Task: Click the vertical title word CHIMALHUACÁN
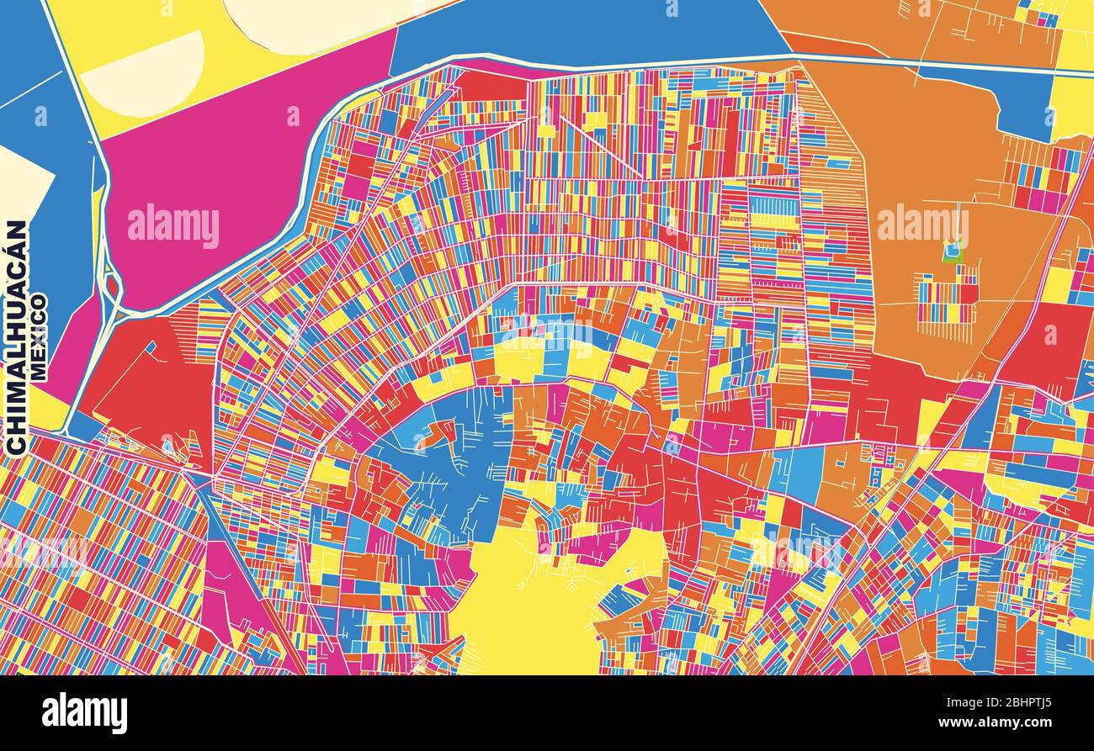17,336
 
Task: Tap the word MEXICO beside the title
39,336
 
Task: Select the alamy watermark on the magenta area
173,225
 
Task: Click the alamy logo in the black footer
85,713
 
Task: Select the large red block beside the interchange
151,378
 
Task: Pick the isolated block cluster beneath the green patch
948,299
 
